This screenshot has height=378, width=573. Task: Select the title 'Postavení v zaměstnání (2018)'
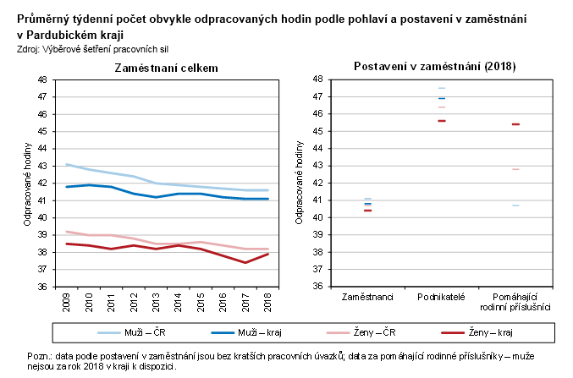(434, 66)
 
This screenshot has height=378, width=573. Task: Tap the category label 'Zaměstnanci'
(366, 298)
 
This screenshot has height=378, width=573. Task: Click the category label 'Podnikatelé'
(441, 298)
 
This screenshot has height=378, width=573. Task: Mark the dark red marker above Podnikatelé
(441, 121)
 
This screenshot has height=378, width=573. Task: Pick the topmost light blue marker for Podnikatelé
(441, 88)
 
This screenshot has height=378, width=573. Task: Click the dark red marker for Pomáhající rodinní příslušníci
(515, 124)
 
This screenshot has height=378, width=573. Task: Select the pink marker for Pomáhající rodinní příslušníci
(515, 169)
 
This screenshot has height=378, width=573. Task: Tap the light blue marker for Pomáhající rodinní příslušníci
(515, 205)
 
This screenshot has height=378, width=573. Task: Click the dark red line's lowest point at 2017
(245, 262)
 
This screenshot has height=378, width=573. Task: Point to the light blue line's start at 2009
(67, 164)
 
